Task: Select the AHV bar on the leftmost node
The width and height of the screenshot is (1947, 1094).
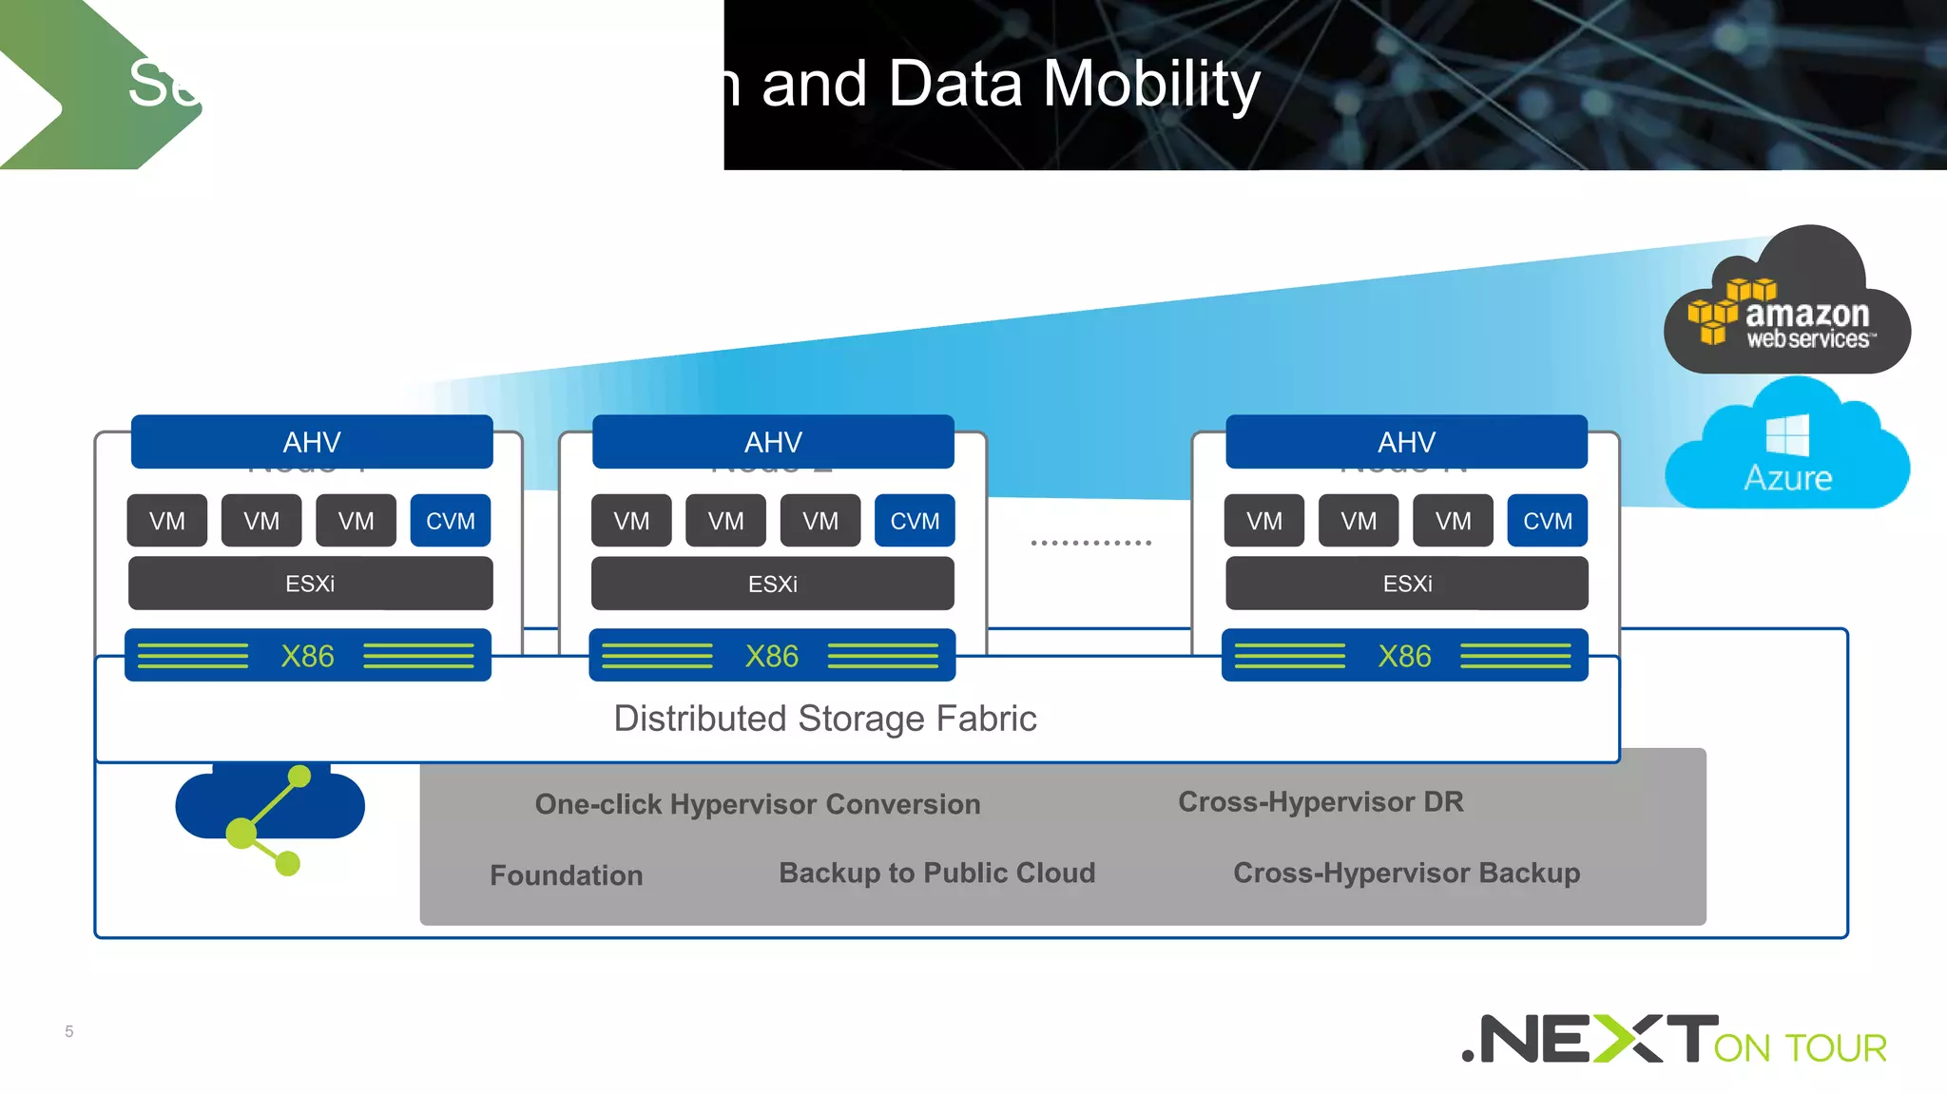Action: point(312,442)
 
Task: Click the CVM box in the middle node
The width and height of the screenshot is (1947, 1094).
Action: point(915,521)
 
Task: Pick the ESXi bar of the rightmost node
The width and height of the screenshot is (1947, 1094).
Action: point(1407,584)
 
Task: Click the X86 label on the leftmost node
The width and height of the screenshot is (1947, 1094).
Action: point(307,656)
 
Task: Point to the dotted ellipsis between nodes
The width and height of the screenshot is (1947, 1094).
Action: point(1090,543)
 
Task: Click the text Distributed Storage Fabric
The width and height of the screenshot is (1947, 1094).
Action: point(824,719)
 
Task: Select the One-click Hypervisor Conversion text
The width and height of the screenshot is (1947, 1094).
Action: point(757,804)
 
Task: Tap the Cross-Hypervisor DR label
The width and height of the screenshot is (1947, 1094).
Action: point(1320,802)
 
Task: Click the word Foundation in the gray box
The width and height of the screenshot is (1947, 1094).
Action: point(566,875)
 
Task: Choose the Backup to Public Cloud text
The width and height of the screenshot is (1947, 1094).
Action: point(936,873)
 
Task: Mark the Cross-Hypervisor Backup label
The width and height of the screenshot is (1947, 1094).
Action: point(1406,873)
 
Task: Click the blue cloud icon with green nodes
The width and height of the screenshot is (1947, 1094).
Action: point(270,813)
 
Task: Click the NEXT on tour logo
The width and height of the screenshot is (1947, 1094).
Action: point(1673,1040)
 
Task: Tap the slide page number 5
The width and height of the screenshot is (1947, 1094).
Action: point(68,1031)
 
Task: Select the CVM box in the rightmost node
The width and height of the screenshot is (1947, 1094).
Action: point(1547,521)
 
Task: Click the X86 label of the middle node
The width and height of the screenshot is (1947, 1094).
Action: point(771,656)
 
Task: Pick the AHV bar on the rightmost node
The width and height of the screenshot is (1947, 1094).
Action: point(1406,442)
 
